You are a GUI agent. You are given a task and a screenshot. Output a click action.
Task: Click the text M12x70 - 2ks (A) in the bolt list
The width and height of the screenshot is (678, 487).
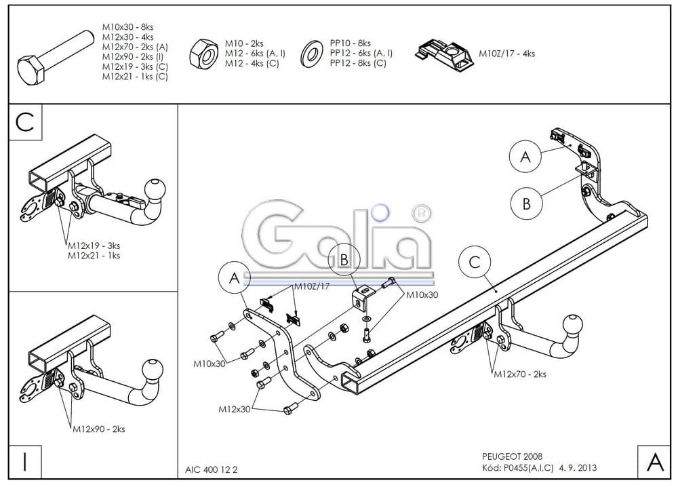[135, 47]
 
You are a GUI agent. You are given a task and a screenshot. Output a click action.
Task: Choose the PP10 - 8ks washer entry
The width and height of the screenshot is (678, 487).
[350, 43]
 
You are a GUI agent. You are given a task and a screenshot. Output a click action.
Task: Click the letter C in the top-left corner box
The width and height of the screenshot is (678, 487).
[25, 121]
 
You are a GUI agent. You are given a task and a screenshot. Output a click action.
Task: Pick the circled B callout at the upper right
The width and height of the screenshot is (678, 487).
[526, 203]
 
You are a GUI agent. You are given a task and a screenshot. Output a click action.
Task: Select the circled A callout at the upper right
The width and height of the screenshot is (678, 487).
[525, 157]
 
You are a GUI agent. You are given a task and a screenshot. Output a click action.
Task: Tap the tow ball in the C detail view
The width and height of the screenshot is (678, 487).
[155, 190]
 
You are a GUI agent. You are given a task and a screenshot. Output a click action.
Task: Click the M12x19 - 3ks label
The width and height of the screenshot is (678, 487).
[94, 246]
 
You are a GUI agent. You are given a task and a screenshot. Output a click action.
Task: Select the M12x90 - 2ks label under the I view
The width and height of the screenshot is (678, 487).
[98, 429]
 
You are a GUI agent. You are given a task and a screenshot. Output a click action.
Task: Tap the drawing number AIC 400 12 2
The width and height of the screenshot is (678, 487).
[211, 469]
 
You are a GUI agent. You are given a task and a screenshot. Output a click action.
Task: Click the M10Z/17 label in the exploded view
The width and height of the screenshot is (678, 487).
[311, 287]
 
